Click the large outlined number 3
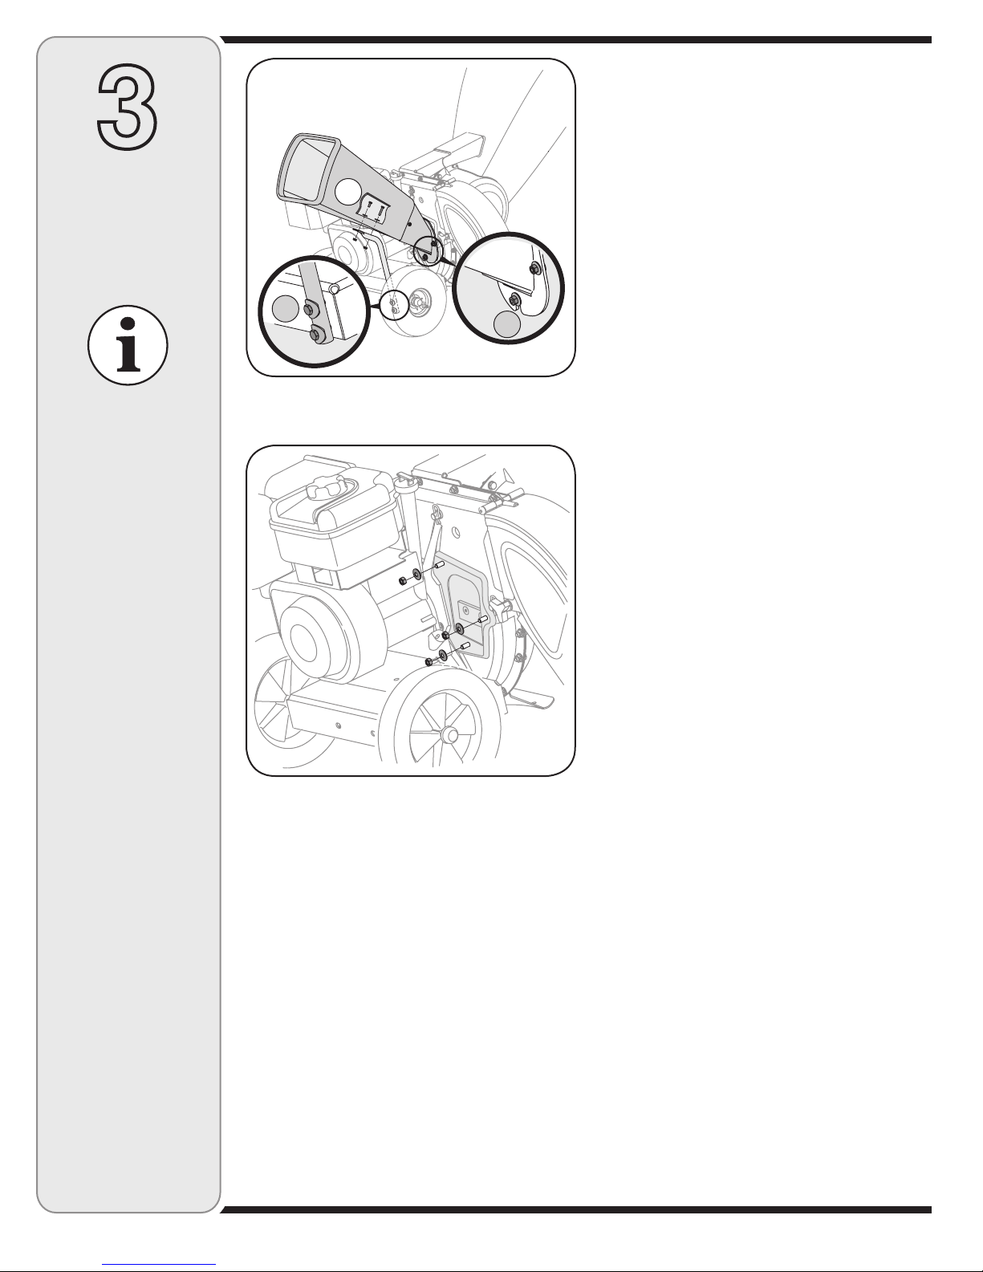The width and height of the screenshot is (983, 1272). pyautogui.click(x=127, y=107)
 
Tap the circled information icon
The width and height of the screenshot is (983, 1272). pyautogui.click(x=128, y=345)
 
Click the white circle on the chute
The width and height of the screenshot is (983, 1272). pyautogui.click(x=349, y=192)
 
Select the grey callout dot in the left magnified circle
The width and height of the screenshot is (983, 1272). pyautogui.click(x=285, y=308)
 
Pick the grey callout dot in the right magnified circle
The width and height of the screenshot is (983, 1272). pyautogui.click(x=506, y=323)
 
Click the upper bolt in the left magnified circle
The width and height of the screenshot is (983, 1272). pyautogui.click(x=309, y=307)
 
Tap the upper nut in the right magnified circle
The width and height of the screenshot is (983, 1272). pyautogui.click(x=534, y=269)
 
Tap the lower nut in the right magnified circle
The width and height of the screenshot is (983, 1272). pyautogui.click(x=514, y=300)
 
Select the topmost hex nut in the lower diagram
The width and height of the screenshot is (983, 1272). pyautogui.click(x=403, y=581)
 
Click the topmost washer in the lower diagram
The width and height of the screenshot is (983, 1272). pyautogui.click(x=416, y=575)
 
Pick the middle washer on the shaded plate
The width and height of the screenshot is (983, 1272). pyautogui.click(x=459, y=629)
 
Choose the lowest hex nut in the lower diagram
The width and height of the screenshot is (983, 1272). pyautogui.click(x=429, y=661)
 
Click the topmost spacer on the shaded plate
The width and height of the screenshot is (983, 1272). pyautogui.click(x=440, y=566)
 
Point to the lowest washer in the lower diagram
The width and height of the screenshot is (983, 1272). pyautogui.click(x=443, y=655)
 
